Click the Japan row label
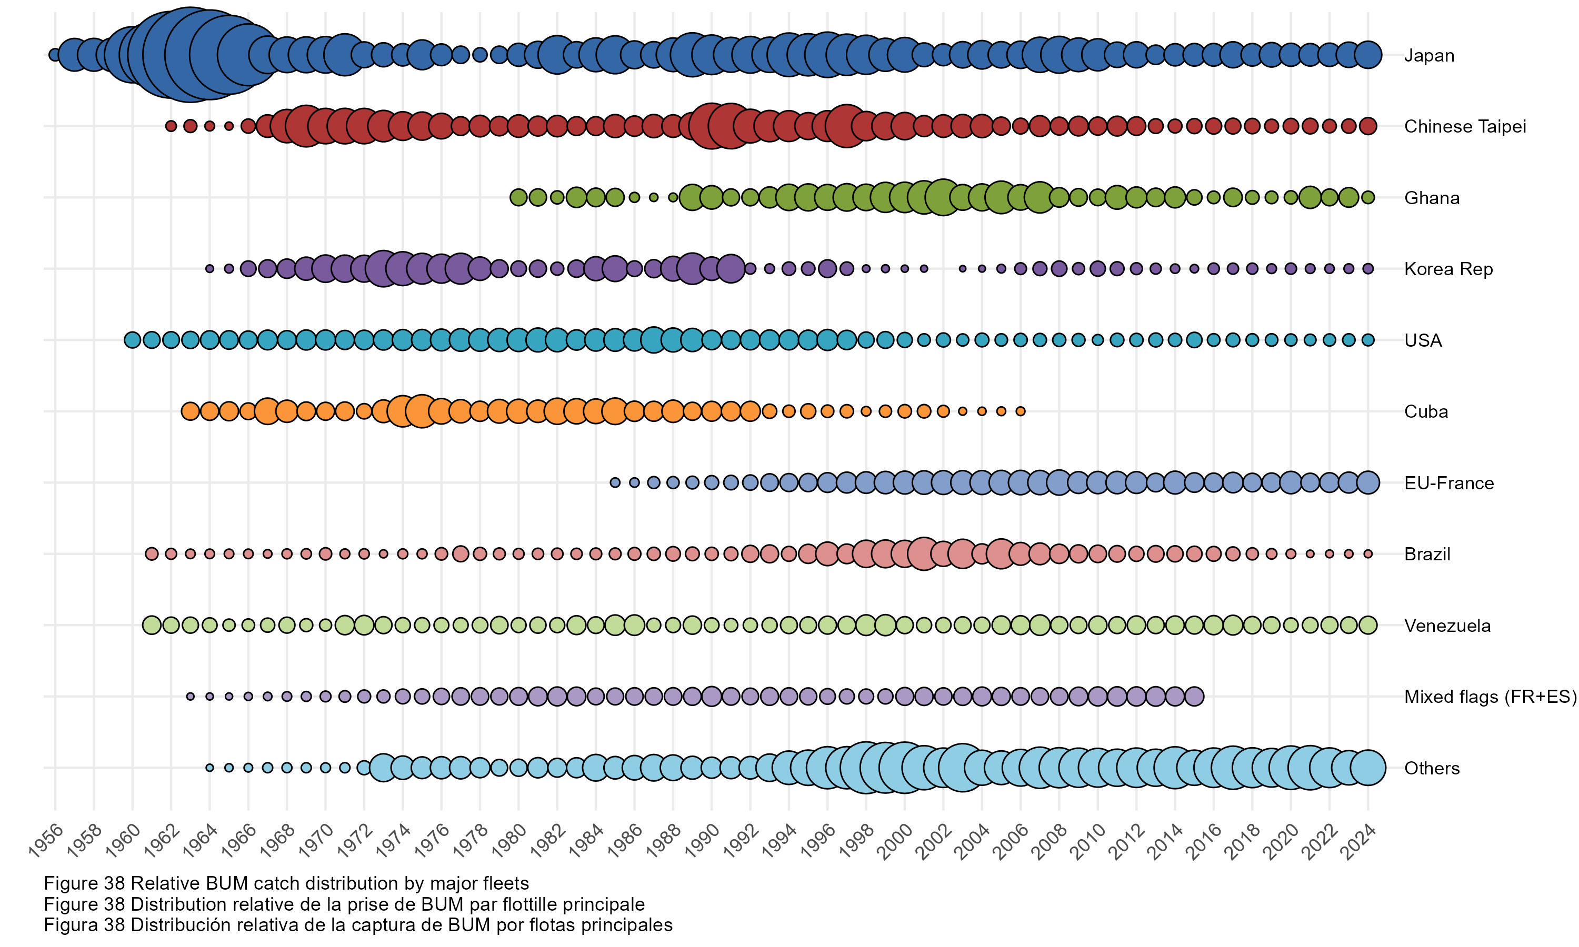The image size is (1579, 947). pyautogui.click(x=1429, y=56)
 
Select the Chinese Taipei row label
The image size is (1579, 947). pyautogui.click(x=1465, y=126)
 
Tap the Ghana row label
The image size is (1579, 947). pyautogui.click(x=1432, y=198)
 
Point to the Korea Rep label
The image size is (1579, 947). pyautogui.click(x=1448, y=269)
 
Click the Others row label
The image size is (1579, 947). pyautogui.click(x=1432, y=768)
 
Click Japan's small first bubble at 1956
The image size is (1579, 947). pyautogui.click(x=55, y=55)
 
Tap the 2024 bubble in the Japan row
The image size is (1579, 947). pyautogui.click(x=1368, y=55)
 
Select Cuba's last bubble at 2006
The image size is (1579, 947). pyautogui.click(x=1021, y=411)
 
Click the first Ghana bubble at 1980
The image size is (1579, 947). pyautogui.click(x=518, y=197)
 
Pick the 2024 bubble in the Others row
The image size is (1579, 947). pyautogui.click(x=1368, y=768)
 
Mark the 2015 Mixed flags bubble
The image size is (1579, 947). pyautogui.click(x=1194, y=696)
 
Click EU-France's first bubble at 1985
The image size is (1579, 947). pyautogui.click(x=615, y=483)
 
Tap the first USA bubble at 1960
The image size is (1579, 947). pyautogui.click(x=132, y=340)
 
